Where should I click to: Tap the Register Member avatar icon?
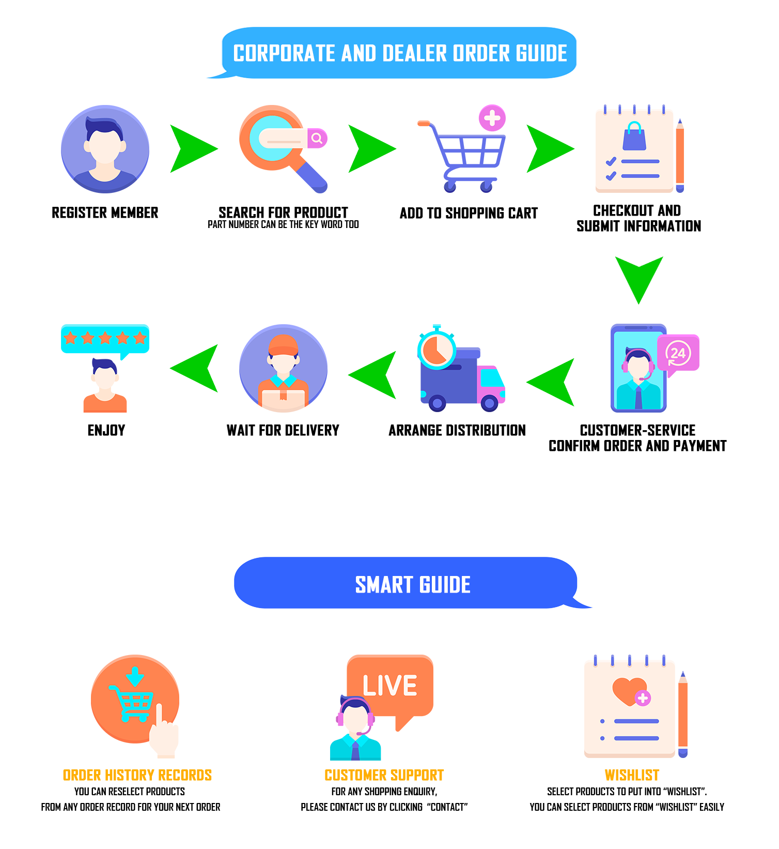(x=105, y=149)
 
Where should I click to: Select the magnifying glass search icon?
(x=284, y=149)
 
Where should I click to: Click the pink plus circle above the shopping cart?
(x=492, y=118)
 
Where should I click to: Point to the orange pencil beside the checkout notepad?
(x=680, y=156)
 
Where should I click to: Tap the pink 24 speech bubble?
(x=678, y=354)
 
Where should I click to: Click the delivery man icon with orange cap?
(x=284, y=368)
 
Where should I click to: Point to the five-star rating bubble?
(x=105, y=340)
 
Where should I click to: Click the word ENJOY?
(x=106, y=430)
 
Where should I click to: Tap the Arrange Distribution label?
(x=457, y=430)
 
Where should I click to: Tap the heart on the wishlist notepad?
(x=629, y=691)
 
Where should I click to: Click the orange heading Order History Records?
(x=137, y=775)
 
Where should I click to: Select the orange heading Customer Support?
(x=384, y=775)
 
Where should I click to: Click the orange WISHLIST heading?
(x=632, y=775)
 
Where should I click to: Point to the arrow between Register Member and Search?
(x=194, y=148)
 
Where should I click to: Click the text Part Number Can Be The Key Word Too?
(x=283, y=224)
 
